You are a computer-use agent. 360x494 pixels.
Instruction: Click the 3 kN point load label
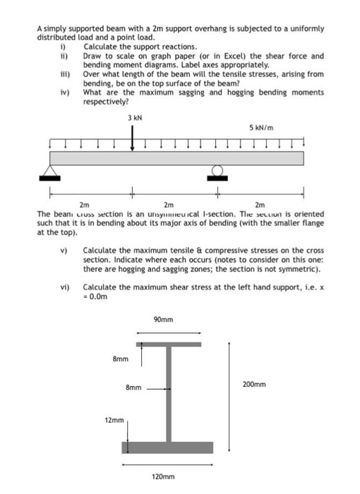[x=133, y=118]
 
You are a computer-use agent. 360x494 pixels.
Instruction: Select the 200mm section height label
[x=254, y=385]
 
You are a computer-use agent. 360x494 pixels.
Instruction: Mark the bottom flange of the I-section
[x=167, y=448]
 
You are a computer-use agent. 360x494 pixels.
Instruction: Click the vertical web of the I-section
[x=168, y=395]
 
